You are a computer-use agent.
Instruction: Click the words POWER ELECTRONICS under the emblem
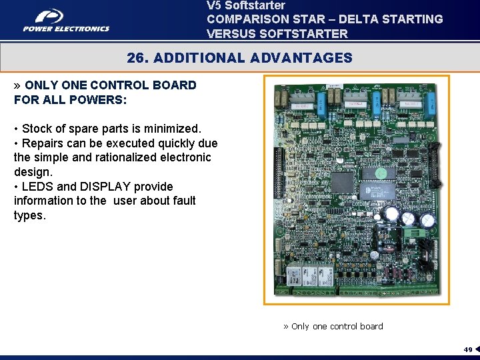(x=66, y=29)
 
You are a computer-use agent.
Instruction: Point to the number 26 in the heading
(x=137, y=58)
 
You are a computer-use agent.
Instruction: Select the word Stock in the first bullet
(x=37, y=128)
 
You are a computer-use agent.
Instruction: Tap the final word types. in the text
(x=30, y=215)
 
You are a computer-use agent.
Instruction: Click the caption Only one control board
(x=337, y=326)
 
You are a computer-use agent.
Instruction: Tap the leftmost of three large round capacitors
(x=391, y=215)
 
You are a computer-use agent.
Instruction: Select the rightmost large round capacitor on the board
(x=426, y=219)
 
